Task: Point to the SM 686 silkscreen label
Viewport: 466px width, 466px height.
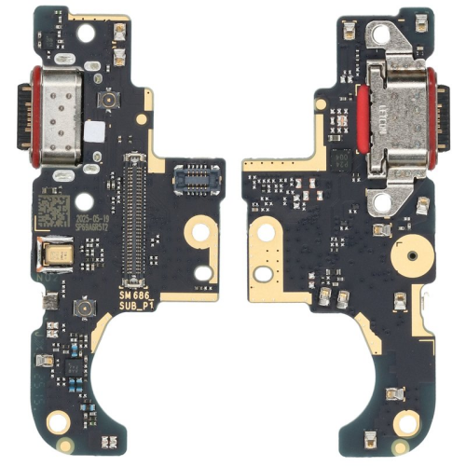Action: click(x=135, y=295)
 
